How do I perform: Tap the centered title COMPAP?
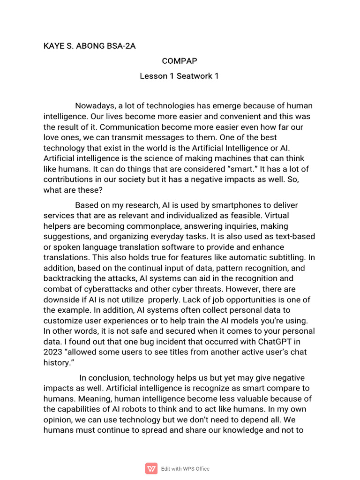pos(179,61)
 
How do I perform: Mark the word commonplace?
pos(143,226)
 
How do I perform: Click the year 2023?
pos(53,352)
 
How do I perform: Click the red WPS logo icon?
pos(151,468)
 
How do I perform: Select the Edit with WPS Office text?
pos(185,469)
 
